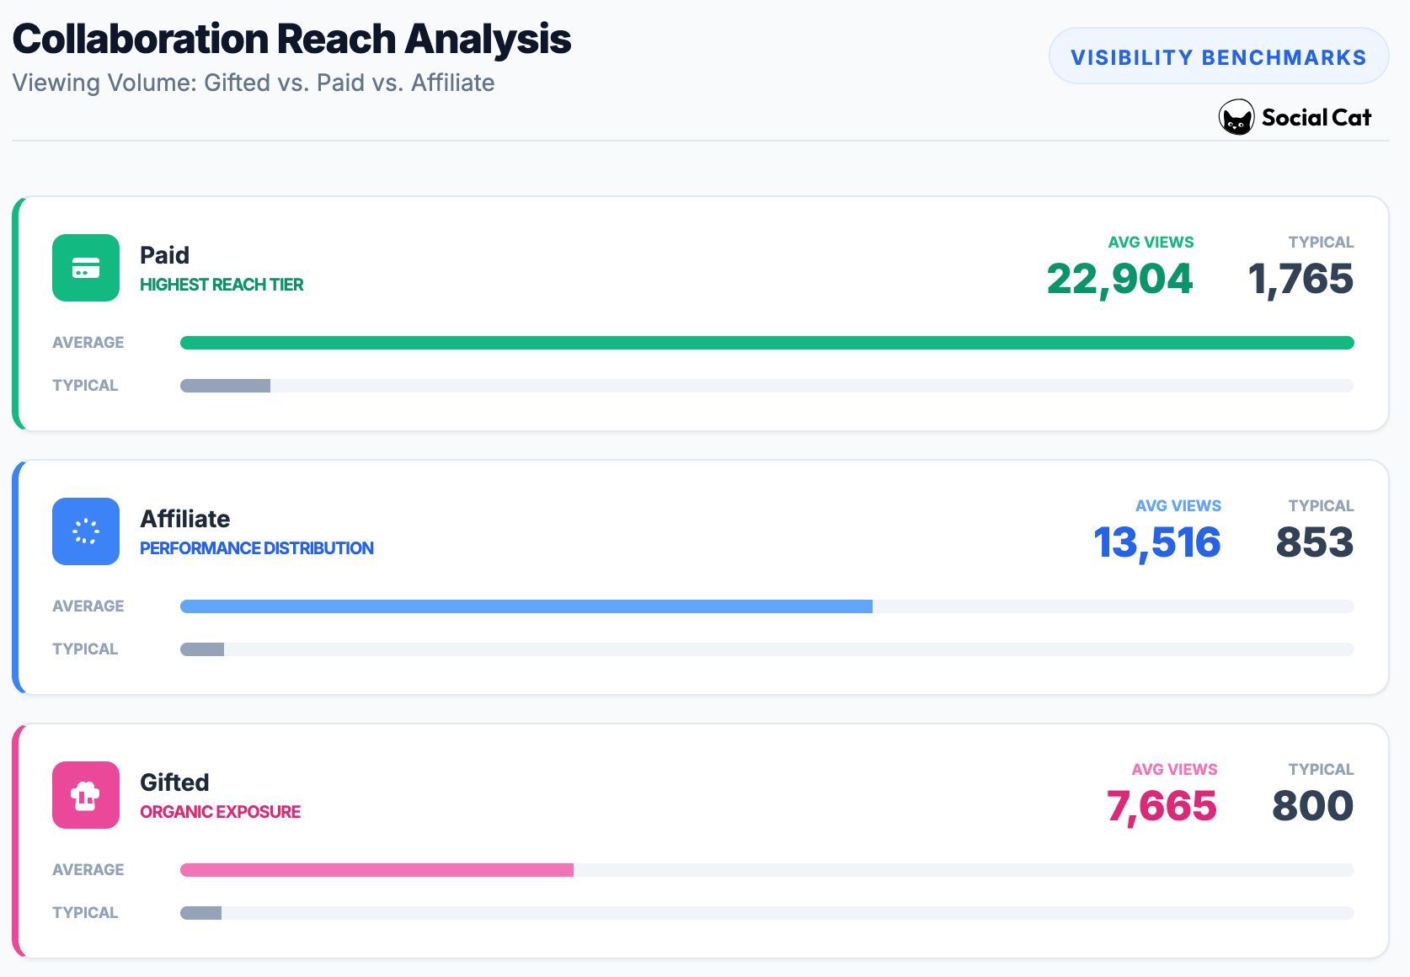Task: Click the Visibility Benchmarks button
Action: point(1218,56)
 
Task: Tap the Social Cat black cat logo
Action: point(1236,118)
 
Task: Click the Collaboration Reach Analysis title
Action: point(291,39)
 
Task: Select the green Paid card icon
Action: point(86,268)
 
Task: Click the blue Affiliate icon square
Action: point(86,531)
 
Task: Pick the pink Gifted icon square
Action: point(86,795)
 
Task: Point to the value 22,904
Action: point(1119,279)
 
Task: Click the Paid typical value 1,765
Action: point(1301,279)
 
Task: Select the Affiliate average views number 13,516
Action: point(1156,542)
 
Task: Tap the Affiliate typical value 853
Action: point(1314,542)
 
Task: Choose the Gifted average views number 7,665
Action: point(1162,806)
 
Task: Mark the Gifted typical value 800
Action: point(1312,806)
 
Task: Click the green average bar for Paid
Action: point(766,343)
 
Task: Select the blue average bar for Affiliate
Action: point(526,606)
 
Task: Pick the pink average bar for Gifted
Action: point(377,870)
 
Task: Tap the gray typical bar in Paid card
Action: point(225,386)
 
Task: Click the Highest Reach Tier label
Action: point(222,285)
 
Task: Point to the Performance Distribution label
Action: point(256,548)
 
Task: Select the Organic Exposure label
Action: point(220,812)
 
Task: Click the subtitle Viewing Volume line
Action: point(253,83)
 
